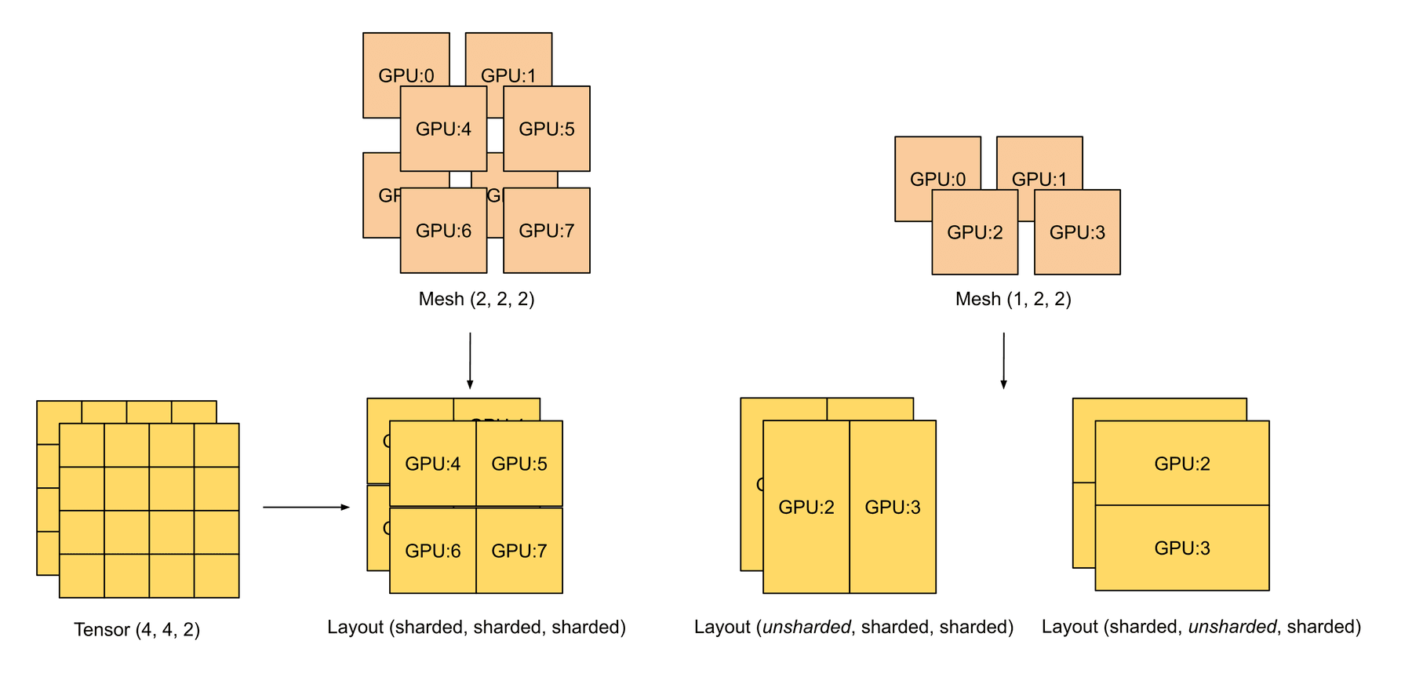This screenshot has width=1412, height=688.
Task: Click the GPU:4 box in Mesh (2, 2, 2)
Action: (443, 129)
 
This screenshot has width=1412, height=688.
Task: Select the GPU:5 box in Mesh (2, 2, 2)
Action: (547, 129)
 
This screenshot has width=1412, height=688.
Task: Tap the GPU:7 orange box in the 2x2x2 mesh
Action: (547, 231)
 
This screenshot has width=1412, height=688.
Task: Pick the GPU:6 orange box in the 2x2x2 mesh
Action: (443, 231)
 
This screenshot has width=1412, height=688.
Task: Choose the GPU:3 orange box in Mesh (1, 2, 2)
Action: (1077, 232)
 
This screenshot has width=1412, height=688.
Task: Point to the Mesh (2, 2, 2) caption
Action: (476, 299)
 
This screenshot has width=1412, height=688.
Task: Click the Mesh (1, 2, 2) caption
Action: (1013, 299)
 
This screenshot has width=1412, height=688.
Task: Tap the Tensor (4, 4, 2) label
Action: (136, 630)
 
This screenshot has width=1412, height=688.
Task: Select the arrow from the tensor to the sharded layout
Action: (306, 508)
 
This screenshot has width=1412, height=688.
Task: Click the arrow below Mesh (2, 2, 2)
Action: (470, 361)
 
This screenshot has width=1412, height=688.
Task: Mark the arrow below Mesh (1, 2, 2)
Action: (1003, 361)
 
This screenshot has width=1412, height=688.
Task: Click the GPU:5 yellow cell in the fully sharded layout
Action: (519, 464)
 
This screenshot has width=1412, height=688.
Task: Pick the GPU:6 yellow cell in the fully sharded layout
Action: (433, 551)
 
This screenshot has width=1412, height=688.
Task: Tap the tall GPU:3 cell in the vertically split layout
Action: (893, 508)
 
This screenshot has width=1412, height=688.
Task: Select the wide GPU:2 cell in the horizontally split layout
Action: (1182, 464)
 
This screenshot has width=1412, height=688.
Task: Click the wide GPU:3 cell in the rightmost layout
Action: (1182, 548)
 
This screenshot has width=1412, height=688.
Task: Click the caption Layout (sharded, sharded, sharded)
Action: (476, 628)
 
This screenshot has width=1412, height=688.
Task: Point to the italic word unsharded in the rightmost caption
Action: (1232, 628)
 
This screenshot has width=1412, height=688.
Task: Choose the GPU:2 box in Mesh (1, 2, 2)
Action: (975, 232)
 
